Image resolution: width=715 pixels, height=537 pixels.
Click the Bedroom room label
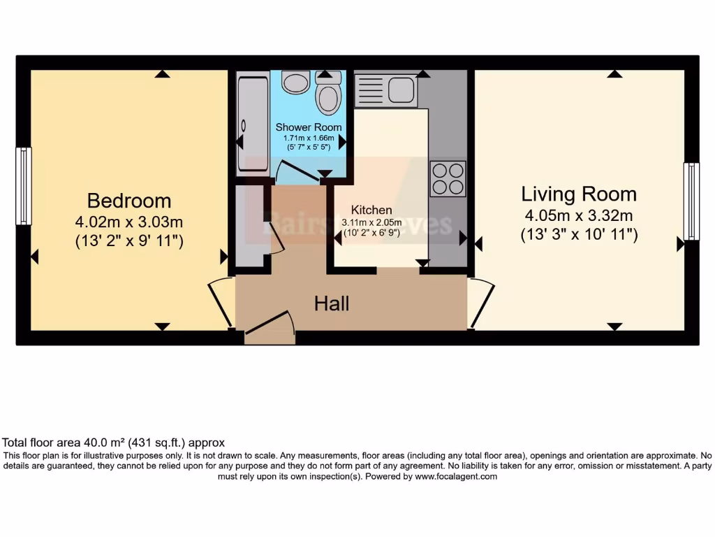point(129,201)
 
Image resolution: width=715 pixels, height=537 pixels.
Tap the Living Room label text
point(579,194)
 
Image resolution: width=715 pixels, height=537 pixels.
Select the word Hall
point(332,303)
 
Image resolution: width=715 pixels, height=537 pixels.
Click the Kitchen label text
point(371,210)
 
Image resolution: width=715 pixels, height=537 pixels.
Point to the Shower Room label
point(309,127)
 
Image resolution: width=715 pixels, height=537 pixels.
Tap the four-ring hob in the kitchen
point(448,178)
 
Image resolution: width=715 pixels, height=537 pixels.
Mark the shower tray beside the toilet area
point(252,124)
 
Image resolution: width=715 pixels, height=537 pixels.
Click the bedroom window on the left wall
point(24,186)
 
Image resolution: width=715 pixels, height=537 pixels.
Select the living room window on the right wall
point(691,201)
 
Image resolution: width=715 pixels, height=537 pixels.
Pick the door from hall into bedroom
point(222,301)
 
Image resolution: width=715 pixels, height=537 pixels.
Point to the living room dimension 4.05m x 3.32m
point(579,215)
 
